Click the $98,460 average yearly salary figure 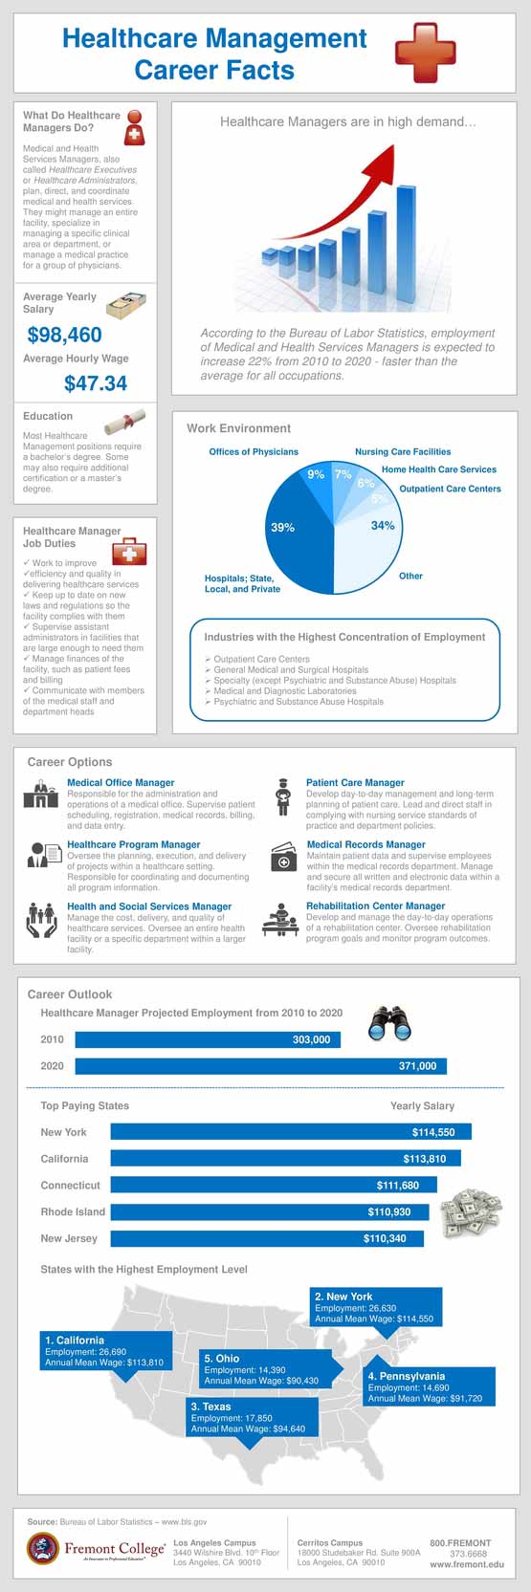click(64, 335)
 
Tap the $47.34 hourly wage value click(95, 383)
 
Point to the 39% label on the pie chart click(282, 527)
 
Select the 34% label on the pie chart click(383, 525)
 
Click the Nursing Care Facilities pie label click(403, 451)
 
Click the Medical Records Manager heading click(365, 844)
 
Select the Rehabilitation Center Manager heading click(375, 905)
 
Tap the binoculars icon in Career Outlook click(390, 1026)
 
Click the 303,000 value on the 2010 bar click(311, 1039)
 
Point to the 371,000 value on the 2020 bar click(417, 1066)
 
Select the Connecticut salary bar click(274, 1186)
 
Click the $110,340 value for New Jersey click(385, 1238)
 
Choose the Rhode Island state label click(73, 1211)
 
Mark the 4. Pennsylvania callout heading click(406, 1376)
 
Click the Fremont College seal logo click(42, 1548)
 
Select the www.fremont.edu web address click(466, 1564)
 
